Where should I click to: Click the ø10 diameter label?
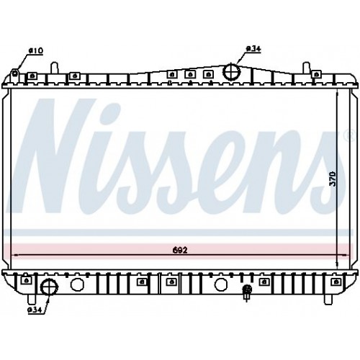click(x=36, y=51)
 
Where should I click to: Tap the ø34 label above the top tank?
click(x=253, y=49)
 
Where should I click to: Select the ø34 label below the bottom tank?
click(x=35, y=310)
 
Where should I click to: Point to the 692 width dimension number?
click(x=180, y=250)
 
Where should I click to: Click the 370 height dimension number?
click(x=333, y=179)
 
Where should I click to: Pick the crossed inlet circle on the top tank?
click(x=232, y=71)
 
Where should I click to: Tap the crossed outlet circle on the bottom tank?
click(x=50, y=287)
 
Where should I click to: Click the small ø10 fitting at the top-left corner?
click(x=15, y=72)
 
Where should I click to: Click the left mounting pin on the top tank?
click(x=55, y=68)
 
